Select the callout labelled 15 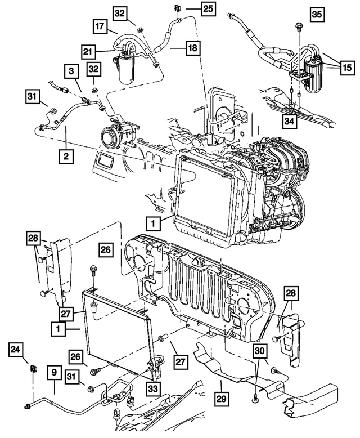[x=346, y=68]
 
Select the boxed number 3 [x=71, y=71]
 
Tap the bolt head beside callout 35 [x=297, y=26]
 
